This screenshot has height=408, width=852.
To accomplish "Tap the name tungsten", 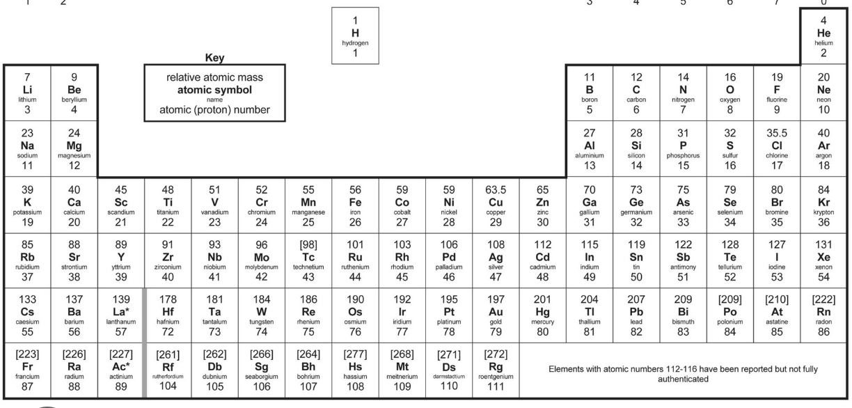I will pos(262,322).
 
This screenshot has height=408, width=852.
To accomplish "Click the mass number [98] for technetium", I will pos(308,246).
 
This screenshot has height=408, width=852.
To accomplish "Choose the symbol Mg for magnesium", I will pos(74,145).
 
